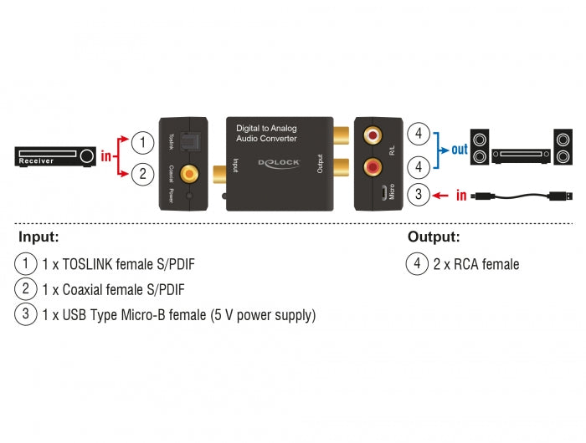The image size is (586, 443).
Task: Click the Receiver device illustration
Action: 55,155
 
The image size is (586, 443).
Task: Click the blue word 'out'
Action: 460,151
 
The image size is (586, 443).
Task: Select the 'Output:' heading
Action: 434,237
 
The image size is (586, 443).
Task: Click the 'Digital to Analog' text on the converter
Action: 265,128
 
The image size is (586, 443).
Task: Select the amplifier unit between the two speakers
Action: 521,155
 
